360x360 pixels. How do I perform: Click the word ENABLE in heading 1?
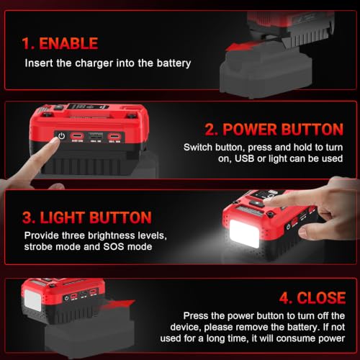(x=68, y=43)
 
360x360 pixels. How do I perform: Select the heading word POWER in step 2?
(x=250, y=130)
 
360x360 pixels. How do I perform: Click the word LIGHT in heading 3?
(x=63, y=217)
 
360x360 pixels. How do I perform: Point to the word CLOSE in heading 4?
(x=321, y=298)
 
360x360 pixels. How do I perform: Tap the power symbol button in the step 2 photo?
(x=62, y=136)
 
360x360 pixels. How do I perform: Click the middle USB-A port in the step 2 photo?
(x=96, y=136)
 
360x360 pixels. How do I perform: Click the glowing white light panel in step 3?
(x=244, y=234)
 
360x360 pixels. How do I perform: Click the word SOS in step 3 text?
(x=114, y=247)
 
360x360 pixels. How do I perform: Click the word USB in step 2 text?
(x=244, y=158)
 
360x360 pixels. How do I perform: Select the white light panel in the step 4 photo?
(x=33, y=300)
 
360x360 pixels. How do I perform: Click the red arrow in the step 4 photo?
(x=121, y=304)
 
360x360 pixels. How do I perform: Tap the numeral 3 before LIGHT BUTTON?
(x=27, y=217)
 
